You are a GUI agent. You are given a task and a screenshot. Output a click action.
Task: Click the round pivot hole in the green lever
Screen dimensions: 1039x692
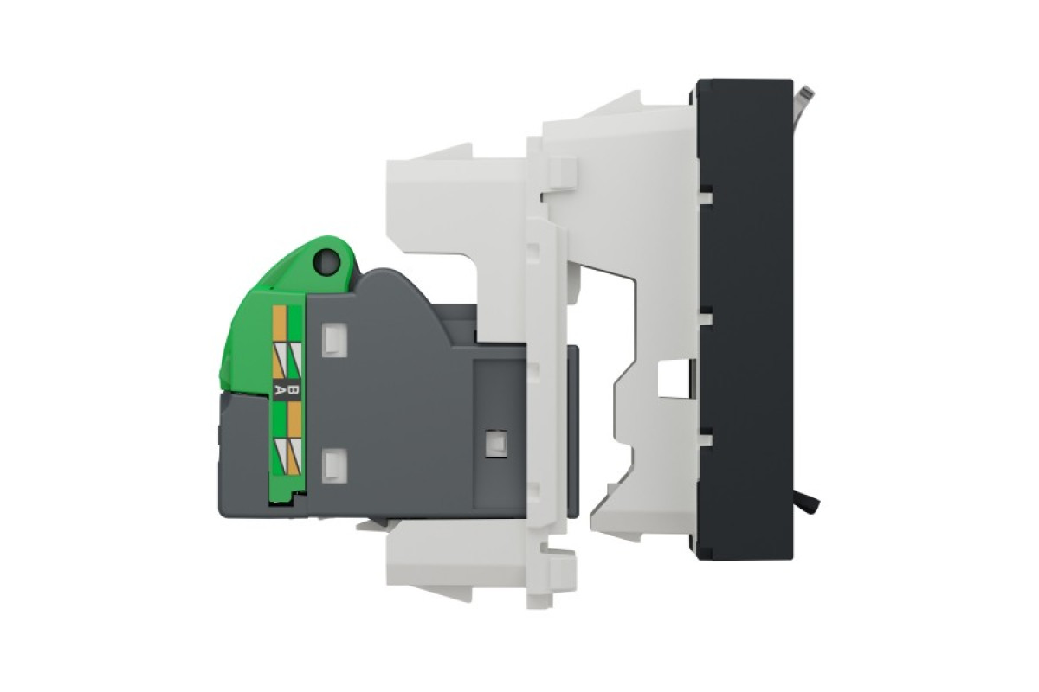[x=327, y=264]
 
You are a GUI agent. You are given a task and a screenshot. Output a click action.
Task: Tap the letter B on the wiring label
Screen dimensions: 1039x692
[x=294, y=390]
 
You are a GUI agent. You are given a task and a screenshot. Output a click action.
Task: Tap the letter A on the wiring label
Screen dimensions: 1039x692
[x=279, y=390]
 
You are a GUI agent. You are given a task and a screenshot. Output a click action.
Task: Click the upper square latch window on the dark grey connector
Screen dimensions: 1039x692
[x=334, y=341]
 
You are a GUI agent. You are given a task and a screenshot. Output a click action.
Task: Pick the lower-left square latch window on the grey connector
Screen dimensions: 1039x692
[x=334, y=465]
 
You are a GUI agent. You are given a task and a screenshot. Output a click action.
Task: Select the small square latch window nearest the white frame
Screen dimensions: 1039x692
[x=495, y=444]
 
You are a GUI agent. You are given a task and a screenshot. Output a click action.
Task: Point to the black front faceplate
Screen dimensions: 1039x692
[x=745, y=319]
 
